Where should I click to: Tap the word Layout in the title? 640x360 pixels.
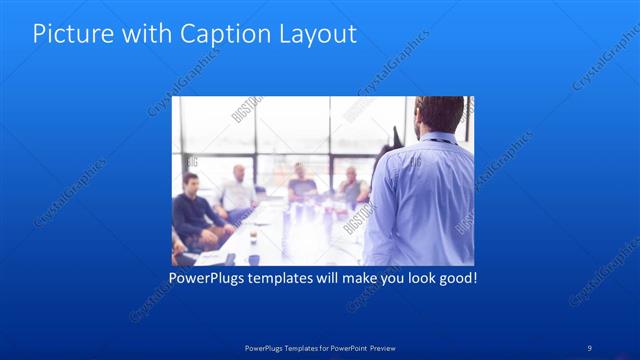[x=316, y=33]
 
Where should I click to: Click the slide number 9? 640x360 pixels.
[x=590, y=347]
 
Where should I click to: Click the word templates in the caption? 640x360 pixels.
[x=287, y=276]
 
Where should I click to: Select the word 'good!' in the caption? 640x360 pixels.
[x=456, y=276]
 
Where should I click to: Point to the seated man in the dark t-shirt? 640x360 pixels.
[x=301, y=184]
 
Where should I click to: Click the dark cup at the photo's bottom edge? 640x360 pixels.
[x=253, y=259]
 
